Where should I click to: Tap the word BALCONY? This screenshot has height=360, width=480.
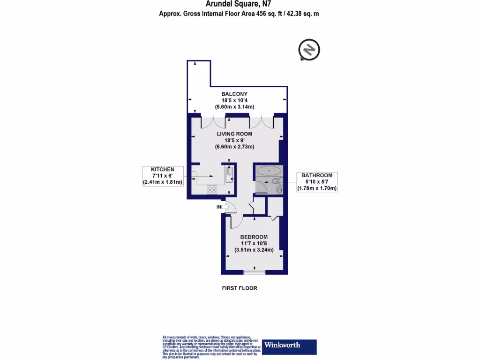(234, 94)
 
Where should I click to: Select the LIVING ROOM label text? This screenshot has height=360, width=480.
(234, 134)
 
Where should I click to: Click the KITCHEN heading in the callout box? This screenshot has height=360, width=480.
(163, 169)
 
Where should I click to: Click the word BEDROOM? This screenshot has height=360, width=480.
(254, 237)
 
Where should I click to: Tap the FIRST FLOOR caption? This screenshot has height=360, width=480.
(240, 288)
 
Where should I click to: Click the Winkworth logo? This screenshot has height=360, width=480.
(289, 345)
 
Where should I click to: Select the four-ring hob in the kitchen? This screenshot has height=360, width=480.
(212, 190)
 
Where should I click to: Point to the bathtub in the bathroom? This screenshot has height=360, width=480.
(269, 171)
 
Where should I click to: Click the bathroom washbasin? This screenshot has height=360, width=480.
(279, 189)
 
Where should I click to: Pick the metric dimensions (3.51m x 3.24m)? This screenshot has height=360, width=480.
(254, 250)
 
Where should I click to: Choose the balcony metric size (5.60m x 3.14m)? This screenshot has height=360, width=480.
(234, 107)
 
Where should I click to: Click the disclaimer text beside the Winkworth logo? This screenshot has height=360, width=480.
(211, 347)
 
